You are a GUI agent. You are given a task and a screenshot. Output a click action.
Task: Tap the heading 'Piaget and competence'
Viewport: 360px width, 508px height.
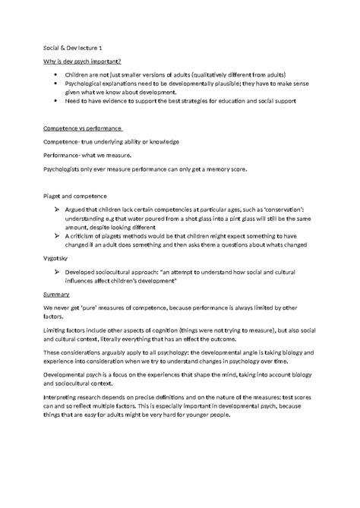[x=75, y=196]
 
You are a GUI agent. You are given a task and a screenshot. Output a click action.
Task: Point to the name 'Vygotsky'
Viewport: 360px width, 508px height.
[x=57, y=258]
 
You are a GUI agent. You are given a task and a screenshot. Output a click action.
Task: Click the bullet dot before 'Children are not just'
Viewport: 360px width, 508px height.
[x=57, y=76]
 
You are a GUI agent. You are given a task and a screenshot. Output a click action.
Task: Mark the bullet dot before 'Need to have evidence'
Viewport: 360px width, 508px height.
[x=57, y=101]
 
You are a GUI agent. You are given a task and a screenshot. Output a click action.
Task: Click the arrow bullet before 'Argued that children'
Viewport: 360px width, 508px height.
[x=58, y=209]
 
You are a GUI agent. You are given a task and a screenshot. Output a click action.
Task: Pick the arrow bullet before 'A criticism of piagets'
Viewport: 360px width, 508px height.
[x=58, y=235]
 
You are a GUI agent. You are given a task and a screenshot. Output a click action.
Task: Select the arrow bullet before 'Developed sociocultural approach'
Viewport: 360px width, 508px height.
[x=58, y=271]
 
